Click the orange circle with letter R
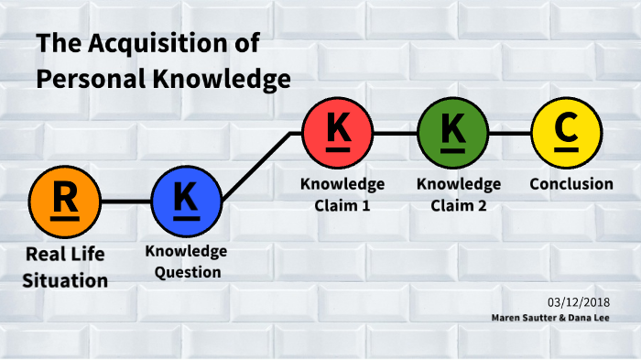(65, 202)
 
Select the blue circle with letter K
(186, 202)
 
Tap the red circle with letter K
(338, 133)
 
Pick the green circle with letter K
(452, 133)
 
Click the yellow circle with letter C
(567, 133)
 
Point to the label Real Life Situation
(66, 267)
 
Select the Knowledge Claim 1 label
(342, 194)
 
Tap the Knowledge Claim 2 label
(458, 194)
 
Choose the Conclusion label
(571, 184)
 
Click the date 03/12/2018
(581, 301)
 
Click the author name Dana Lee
(592, 317)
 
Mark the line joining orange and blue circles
(125, 202)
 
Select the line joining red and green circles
(395, 133)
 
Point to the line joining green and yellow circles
(509, 133)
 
